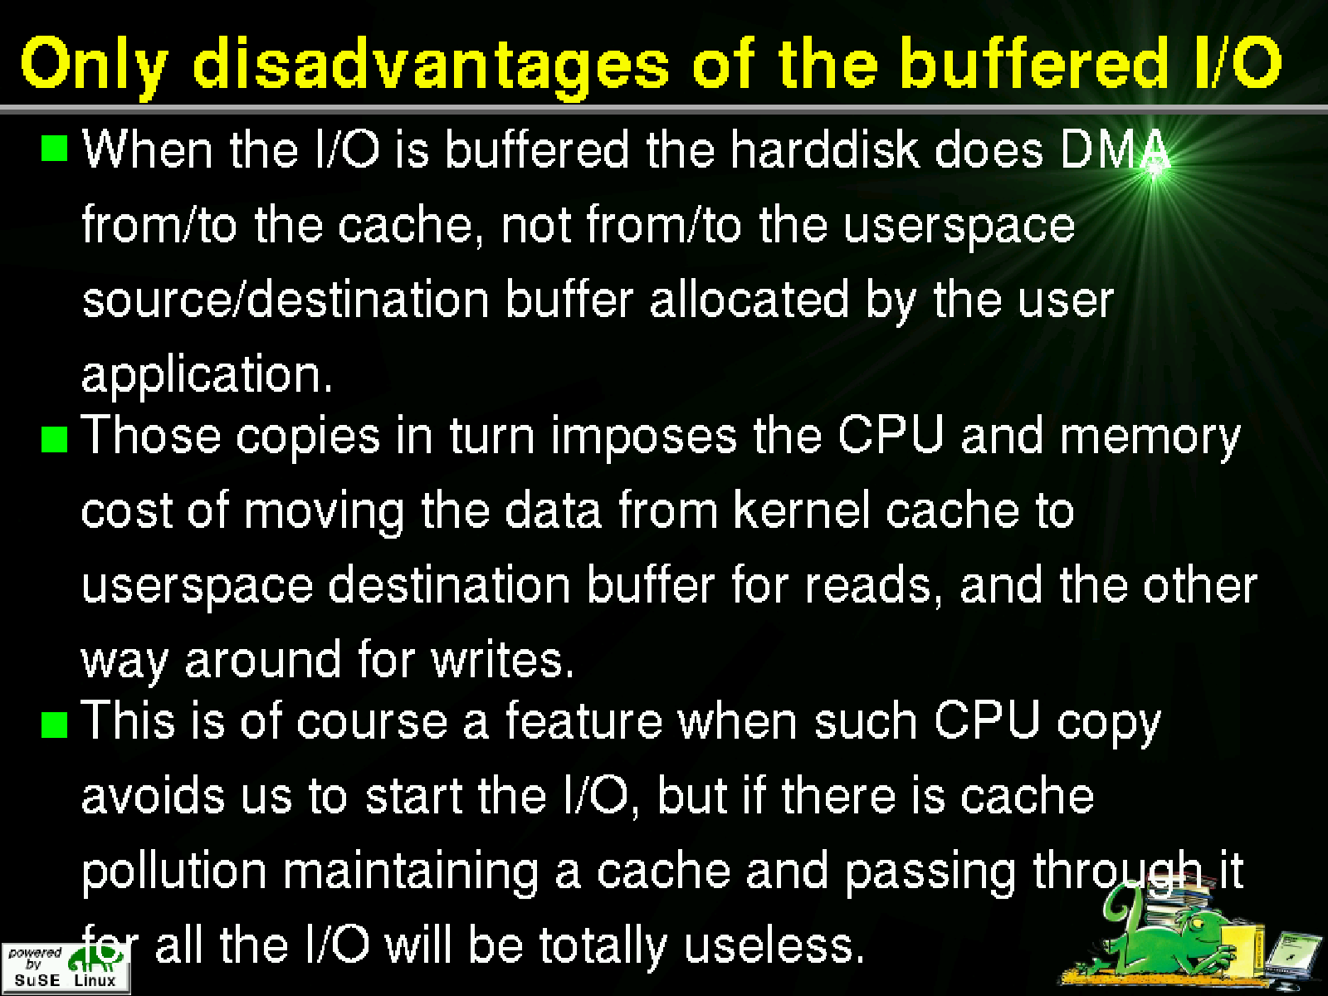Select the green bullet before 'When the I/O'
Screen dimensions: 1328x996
54,149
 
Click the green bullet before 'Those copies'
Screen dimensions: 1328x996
54,440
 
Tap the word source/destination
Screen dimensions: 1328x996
286,299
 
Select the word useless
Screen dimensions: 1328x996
774,945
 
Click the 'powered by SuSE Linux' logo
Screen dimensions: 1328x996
66,968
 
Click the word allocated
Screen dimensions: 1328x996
749,299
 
